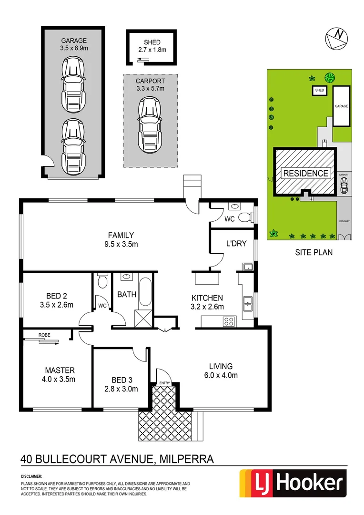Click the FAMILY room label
coord(121,235)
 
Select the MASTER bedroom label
coord(60,370)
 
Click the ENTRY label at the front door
coord(164,383)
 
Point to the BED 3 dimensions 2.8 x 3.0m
coord(121,389)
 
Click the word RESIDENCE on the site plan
coord(306,173)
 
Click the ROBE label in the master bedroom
coord(45,335)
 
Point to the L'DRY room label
coord(236,243)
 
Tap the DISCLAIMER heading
coord(31,476)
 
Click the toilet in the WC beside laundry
coord(244,218)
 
